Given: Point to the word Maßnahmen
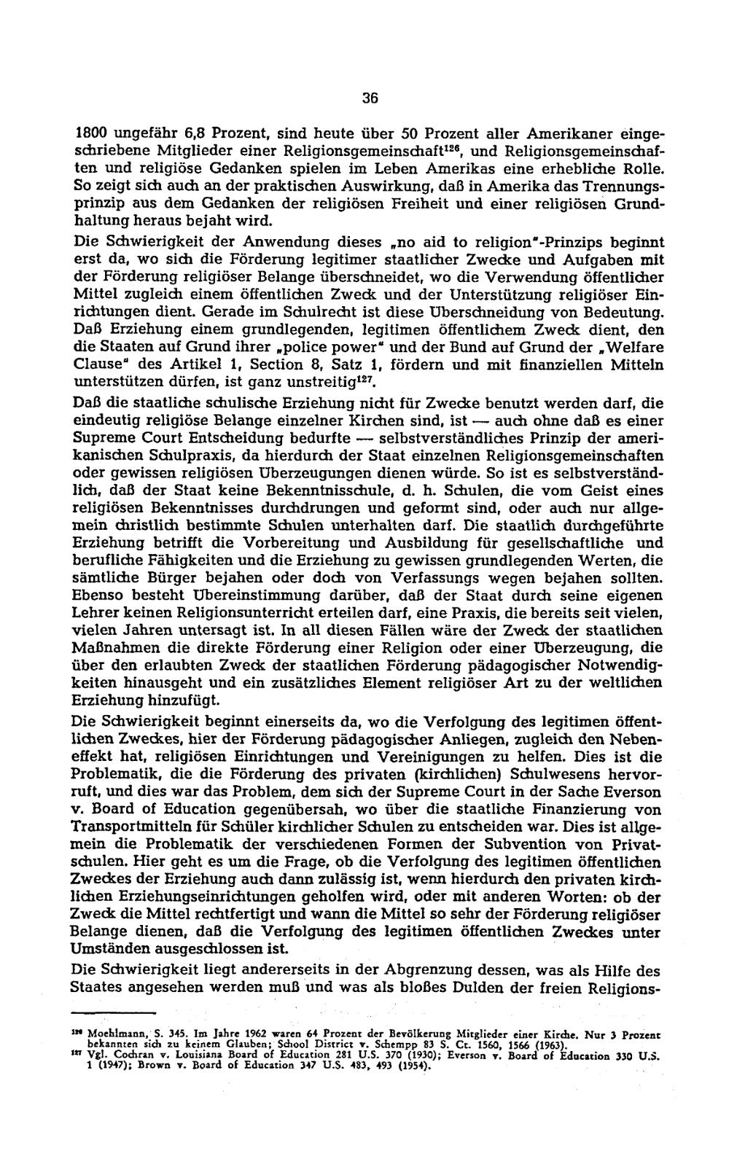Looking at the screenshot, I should [115, 647].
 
